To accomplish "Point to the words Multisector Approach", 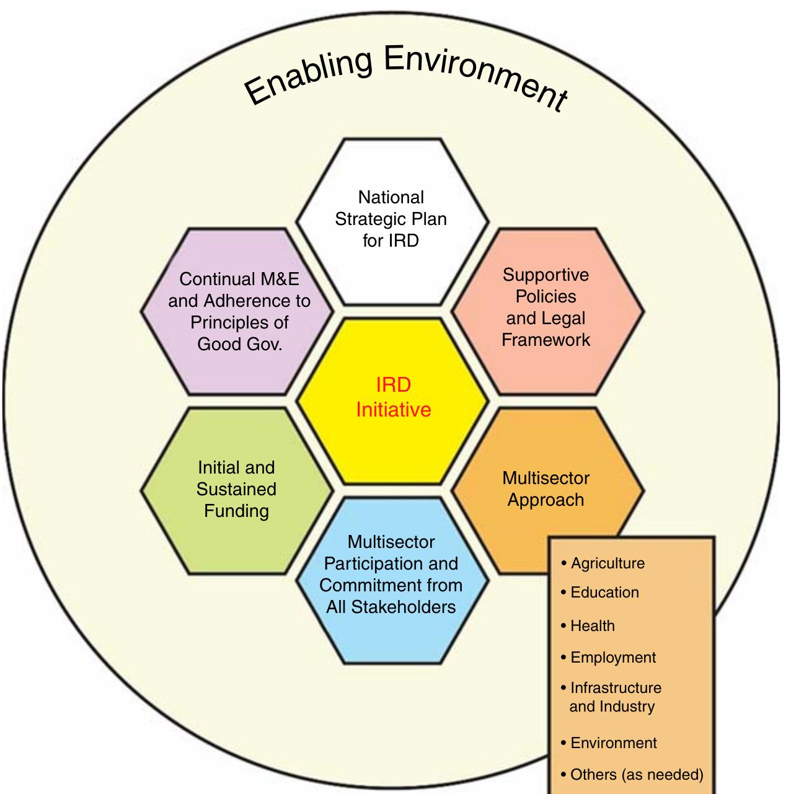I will pyautogui.click(x=546, y=489).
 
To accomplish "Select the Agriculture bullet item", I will pyautogui.click(x=607, y=563).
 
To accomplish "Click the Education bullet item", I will pyautogui.click(x=604, y=593).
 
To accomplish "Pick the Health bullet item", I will pyautogui.click(x=592, y=626).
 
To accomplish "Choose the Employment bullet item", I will pyautogui.click(x=612, y=658).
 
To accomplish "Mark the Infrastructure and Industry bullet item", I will pyautogui.click(x=614, y=697).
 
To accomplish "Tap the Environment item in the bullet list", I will pyautogui.click(x=613, y=743).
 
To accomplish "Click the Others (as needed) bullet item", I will pyautogui.click(x=636, y=775).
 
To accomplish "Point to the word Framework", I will pyautogui.click(x=546, y=340).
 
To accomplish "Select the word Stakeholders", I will pyautogui.click(x=391, y=607).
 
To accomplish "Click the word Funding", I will pyautogui.click(x=236, y=511).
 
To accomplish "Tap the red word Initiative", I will pyautogui.click(x=393, y=410).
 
